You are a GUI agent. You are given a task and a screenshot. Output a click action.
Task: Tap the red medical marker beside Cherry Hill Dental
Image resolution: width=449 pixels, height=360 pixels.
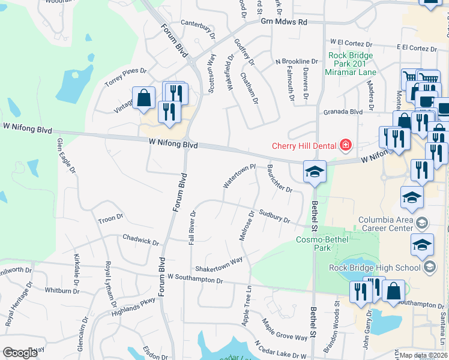coord(345,145)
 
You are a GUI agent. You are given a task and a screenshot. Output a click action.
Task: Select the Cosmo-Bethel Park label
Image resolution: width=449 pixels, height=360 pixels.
coord(322,243)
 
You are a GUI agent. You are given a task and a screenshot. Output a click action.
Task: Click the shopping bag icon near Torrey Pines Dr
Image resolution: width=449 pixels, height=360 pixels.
coord(144,98)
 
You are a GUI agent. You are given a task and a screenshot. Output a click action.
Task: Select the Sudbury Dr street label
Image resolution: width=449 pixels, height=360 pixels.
coord(275,215)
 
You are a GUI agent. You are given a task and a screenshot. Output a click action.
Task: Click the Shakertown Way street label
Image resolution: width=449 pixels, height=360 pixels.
coord(218,264)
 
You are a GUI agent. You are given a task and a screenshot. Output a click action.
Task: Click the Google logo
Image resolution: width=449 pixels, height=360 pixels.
coord(20,353)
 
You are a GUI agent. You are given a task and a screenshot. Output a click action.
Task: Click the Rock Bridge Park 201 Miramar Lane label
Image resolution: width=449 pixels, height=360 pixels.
coord(351,64)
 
